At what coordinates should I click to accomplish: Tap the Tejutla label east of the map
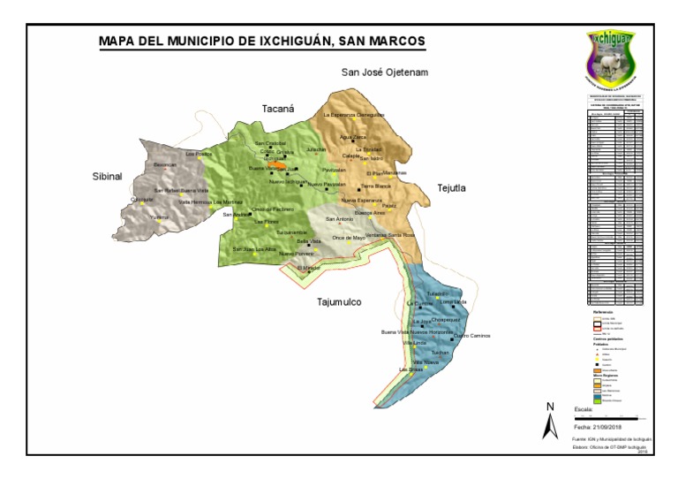point(450,187)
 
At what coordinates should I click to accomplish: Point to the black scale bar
point(609,417)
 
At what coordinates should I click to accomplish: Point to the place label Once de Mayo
point(349,238)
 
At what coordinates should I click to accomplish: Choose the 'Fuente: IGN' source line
point(611,438)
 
